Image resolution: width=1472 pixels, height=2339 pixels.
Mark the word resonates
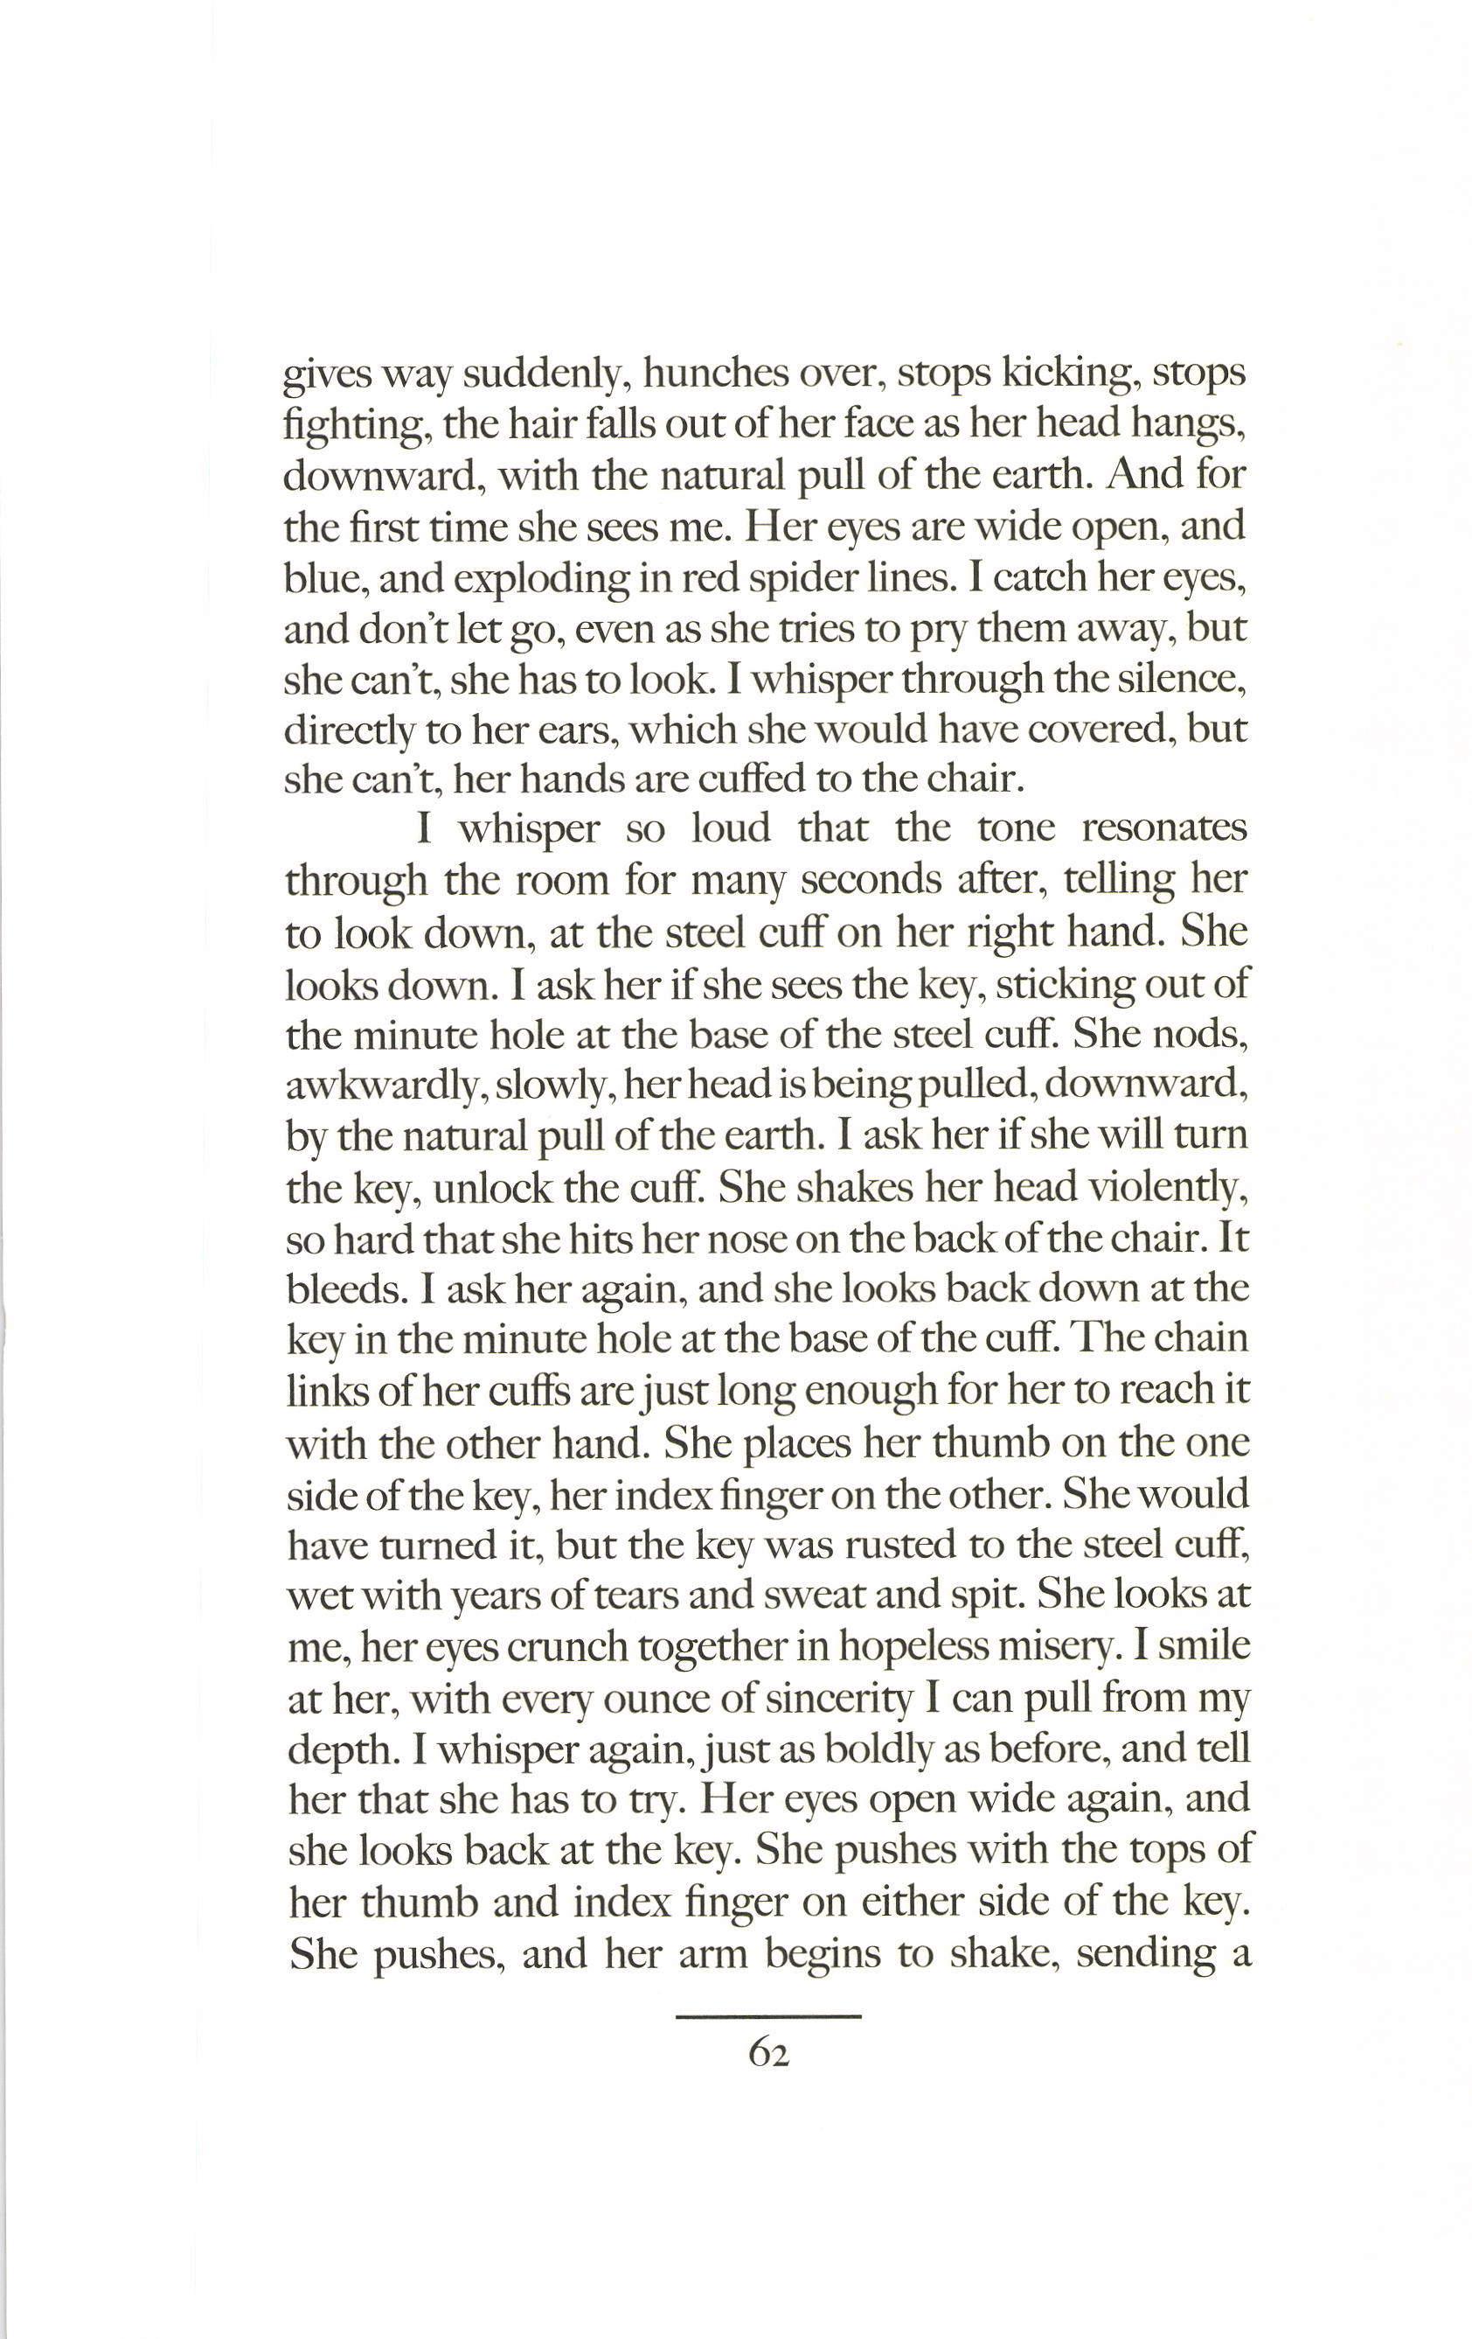click(1163, 830)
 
